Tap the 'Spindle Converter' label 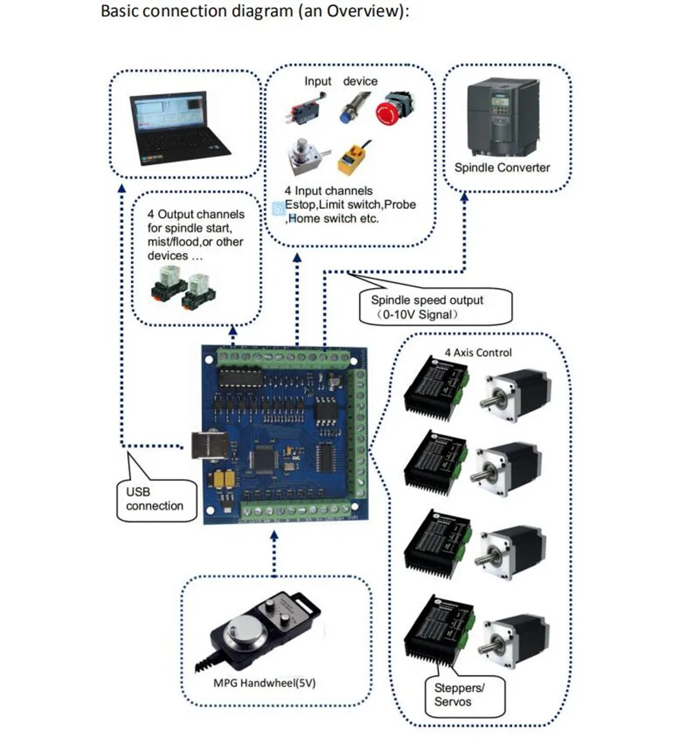click(x=502, y=167)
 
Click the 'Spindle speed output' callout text click(x=427, y=300)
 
